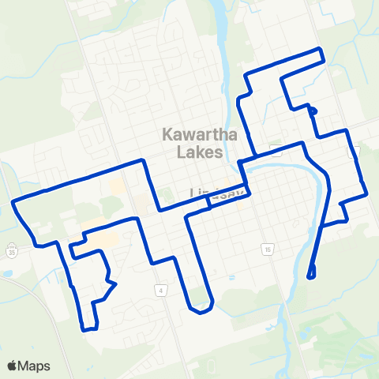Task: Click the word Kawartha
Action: (x=194, y=134)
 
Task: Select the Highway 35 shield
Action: (x=11, y=253)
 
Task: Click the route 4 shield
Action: (x=160, y=290)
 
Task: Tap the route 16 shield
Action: (x=267, y=250)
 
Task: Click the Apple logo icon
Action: (x=13, y=366)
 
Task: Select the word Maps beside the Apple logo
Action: (x=36, y=366)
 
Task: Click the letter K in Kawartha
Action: (x=168, y=134)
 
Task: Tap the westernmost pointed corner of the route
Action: (x=14, y=204)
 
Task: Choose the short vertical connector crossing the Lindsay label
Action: (x=208, y=202)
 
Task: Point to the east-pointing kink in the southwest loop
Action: (x=114, y=283)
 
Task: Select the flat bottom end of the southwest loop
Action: (x=90, y=328)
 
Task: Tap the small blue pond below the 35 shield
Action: (x=6, y=273)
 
